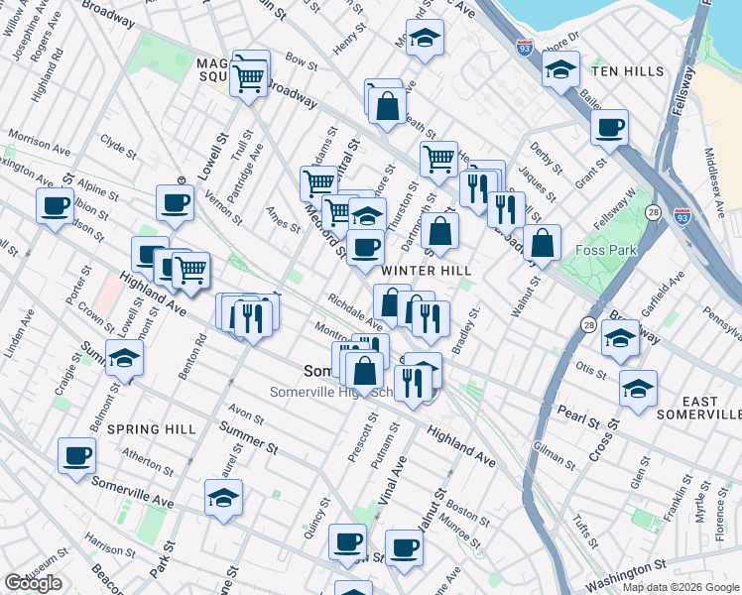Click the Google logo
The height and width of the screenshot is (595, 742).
(x=33, y=583)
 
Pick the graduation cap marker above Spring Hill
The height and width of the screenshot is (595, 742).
(x=125, y=357)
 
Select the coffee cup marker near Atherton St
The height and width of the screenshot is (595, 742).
(x=76, y=455)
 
